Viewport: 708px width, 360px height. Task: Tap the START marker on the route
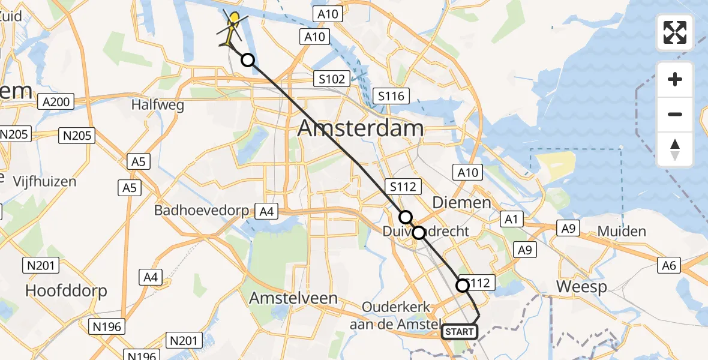[x=460, y=332]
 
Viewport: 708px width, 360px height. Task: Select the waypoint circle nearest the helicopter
[x=247, y=60]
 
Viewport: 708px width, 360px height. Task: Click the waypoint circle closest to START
[x=463, y=286]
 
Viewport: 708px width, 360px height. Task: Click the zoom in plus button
[x=675, y=80]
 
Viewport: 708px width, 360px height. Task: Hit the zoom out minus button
[x=675, y=114]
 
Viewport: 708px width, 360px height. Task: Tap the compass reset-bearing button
[x=675, y=149]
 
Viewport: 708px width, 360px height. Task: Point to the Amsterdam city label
[x=360, y=128]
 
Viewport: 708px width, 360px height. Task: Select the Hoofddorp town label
[x=66, y=291]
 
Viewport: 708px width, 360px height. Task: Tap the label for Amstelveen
[x=293, y=298]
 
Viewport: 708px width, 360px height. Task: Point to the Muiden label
[x=622, y=232]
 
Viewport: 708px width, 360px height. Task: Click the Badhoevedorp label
[x=204, y=211]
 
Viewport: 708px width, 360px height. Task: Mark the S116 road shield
[x=392, y=95]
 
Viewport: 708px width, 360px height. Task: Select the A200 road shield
[x=56, y=102]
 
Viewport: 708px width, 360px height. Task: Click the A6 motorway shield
[x=670, y=265]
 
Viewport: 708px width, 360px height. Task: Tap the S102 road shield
[x=332, y=79]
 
